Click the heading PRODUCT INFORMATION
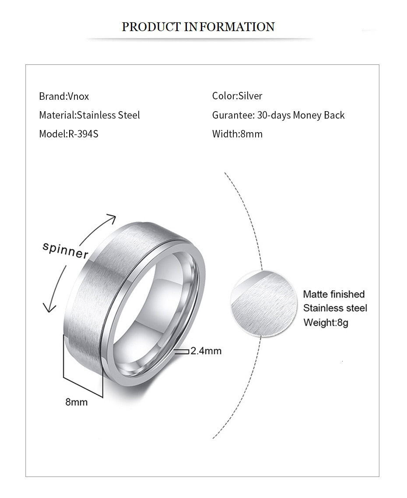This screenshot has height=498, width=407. tap(198, 27)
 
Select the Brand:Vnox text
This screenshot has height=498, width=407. tap(64, 96)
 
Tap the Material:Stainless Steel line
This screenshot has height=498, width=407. tap(89, 115)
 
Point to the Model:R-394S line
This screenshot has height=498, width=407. tap(69, 134)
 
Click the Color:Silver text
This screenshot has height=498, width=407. tap(237, 96)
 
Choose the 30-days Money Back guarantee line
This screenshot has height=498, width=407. tap(278, 115)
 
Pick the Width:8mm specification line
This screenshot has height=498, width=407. tap(237, 134)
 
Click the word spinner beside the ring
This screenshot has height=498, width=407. tap(66, 251)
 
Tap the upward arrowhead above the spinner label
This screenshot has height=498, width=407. tap(112, 218)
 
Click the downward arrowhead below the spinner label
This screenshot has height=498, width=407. tap(49, 307)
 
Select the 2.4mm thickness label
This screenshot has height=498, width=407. tap(206, 351)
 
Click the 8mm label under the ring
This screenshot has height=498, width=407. tap(76, 402)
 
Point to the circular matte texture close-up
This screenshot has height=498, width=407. tap(264, 303)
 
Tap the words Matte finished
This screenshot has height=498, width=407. tap(333, 294)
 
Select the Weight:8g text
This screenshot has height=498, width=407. tap(326, 323)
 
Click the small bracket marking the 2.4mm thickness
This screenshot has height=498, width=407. tap(182, 351)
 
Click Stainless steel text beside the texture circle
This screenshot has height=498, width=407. tap(335, 308)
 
